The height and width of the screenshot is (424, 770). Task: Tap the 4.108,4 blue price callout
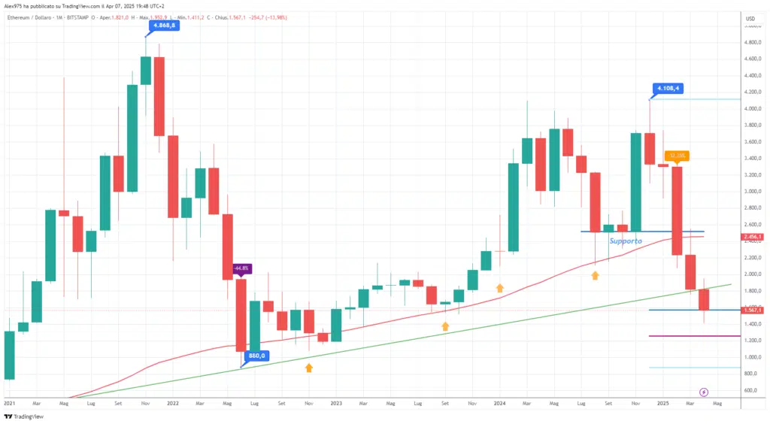(668, 88)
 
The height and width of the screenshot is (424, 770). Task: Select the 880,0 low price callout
(256, 356)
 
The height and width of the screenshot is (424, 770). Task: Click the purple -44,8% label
(241, 268)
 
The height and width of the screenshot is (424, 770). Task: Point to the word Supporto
(626, 241)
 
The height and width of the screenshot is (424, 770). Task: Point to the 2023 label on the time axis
(335, 403)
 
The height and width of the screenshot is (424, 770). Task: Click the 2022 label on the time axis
(172, 403)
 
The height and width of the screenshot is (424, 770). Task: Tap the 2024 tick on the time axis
(499, 403)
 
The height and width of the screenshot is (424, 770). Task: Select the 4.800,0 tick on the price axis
(753, 42)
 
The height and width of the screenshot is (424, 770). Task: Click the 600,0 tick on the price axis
(751, 390)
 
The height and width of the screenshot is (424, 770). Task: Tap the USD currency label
(750, 18)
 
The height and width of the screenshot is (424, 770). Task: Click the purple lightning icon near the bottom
(704, 392)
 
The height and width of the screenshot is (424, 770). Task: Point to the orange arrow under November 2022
(309, 368)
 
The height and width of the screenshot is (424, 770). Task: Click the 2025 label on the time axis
(662, 403)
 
